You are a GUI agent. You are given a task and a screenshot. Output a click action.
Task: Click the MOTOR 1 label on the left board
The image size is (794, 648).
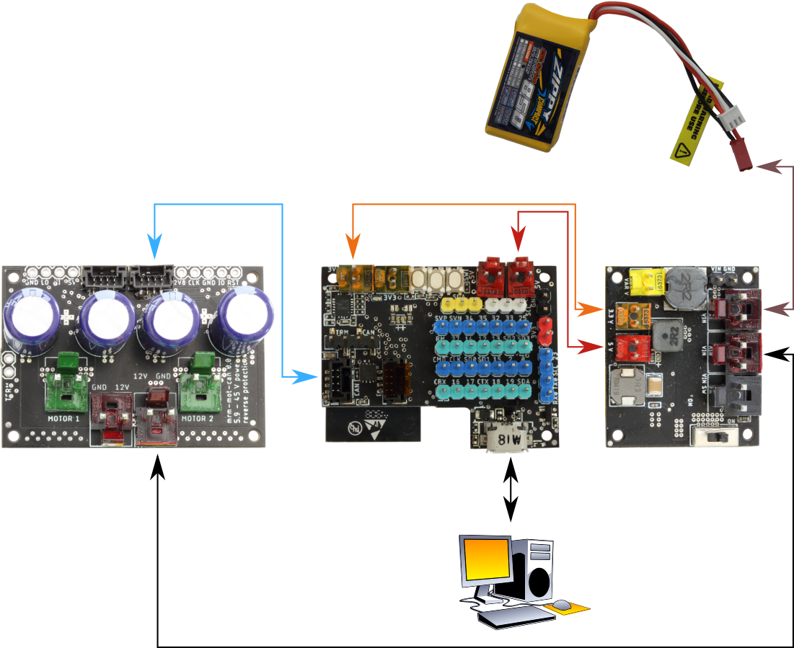point(65,418)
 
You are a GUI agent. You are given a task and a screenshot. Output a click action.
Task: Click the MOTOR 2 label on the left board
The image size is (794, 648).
point(198,418)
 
